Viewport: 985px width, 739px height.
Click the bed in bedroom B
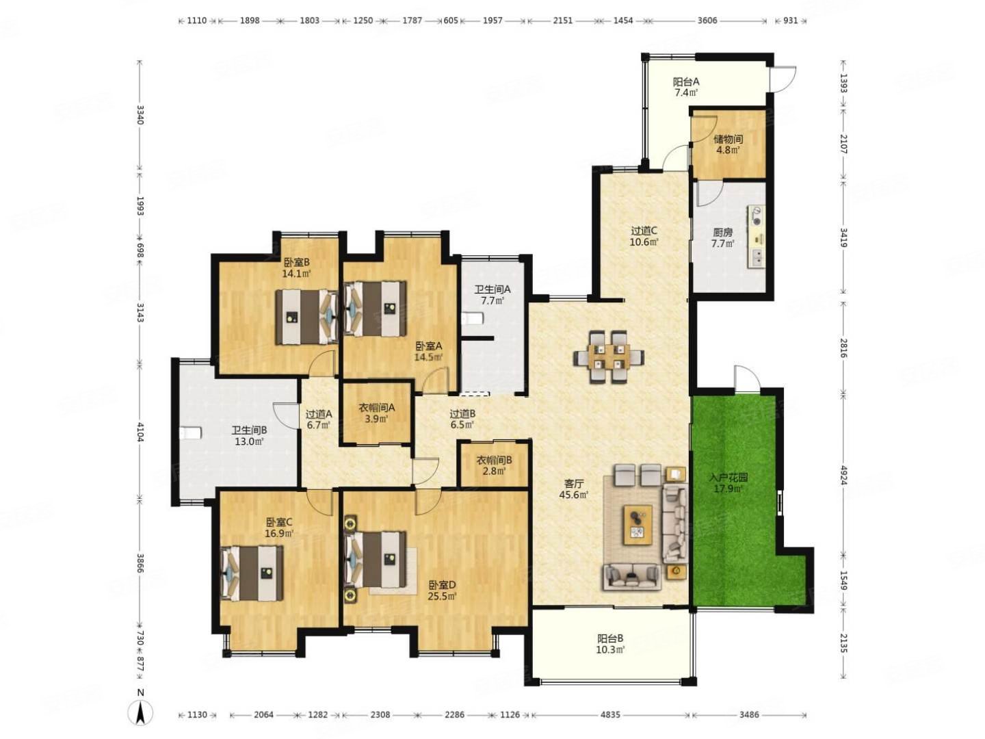[x=306, y=316]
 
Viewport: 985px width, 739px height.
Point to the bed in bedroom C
[x=252, y=573]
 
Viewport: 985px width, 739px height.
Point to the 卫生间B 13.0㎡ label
[x=249, y=435]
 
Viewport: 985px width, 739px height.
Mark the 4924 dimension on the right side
[x=841, y=475]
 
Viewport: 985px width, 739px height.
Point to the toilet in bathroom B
[x=190, y=433]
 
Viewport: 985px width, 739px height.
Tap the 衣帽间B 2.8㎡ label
[x=494, y=465]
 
